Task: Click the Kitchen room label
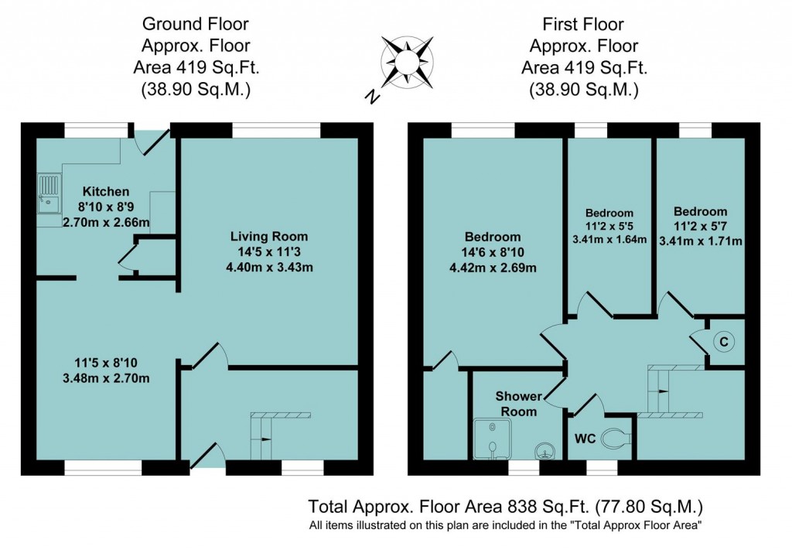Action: tap(105, 191)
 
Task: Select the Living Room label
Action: tap(268, 237)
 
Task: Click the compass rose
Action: tap(407, 63)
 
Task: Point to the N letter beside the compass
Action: tap(372, 96)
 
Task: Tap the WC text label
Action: tap(585, 439)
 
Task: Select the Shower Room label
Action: tap(519, 404)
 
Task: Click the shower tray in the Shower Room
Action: tap(492, 439)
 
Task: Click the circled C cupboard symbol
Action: tap(724, 342)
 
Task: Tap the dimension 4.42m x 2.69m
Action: tap(493, 268)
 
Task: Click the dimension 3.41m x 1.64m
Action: tap(609, 239)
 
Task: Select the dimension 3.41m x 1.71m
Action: tap(701, 241)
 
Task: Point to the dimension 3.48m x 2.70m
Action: tap(106, 377)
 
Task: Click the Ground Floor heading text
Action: tap(196, 24)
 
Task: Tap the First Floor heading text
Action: tap(583, 24)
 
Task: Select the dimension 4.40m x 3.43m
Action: tap(269, 267)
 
